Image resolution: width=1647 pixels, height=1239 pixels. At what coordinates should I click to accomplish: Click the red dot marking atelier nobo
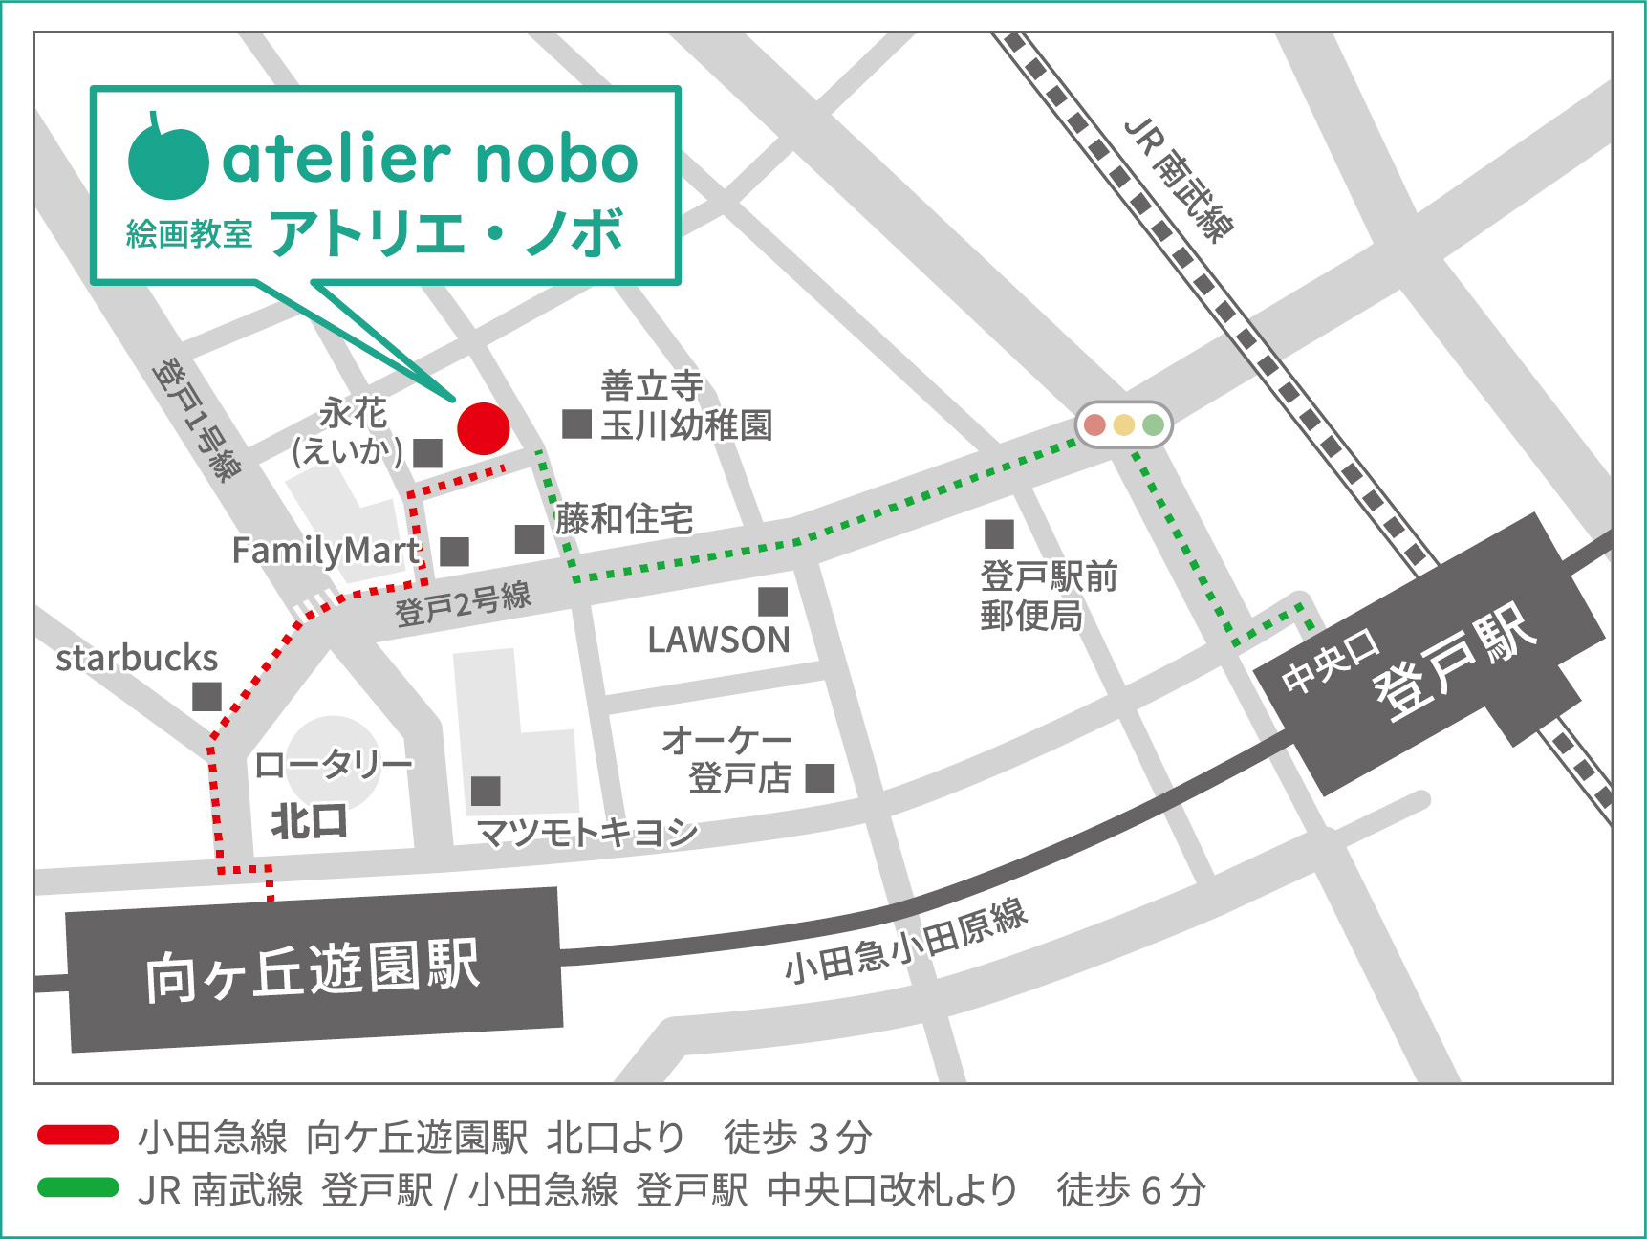tap(484, 428)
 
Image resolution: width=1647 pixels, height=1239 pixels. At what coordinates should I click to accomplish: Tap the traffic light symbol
tap(1123, 424)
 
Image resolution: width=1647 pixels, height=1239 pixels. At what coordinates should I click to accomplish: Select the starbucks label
tap(137, 659)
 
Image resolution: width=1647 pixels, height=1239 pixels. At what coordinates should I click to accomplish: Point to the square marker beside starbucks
tap(206, 696)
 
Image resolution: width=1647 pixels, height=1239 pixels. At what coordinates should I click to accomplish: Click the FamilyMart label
tap(326, 551)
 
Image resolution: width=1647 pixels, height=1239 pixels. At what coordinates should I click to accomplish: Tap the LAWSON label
tap(719, 640)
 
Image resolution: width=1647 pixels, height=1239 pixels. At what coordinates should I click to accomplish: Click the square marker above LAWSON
tap(772, 601)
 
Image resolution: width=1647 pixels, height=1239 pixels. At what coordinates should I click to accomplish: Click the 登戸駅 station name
tap(1455, 661)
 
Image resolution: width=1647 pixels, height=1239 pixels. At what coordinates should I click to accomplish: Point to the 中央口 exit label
tap(1330, 663)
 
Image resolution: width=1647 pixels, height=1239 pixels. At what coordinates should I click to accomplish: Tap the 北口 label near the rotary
tap(308, 821)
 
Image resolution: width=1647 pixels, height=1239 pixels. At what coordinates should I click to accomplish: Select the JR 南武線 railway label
tap(1179, 181)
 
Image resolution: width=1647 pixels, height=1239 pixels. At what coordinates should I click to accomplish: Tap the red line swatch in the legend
tap(78, 1136)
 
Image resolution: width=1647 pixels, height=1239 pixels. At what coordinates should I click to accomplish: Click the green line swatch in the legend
tap(78, 1188)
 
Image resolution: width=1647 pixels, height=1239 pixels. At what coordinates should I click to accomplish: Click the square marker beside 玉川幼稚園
tap(576, 424)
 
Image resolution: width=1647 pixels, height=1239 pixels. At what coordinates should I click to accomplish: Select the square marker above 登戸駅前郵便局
tap(999, 533)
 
